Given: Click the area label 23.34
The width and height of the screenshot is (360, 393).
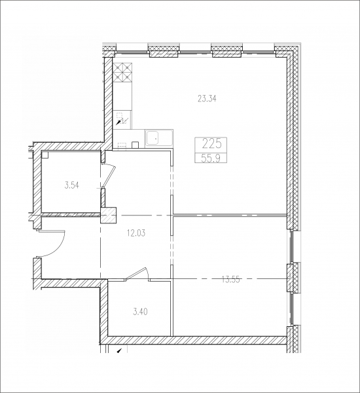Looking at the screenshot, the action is tap(207, 99).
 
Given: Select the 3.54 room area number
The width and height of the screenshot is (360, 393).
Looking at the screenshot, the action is tap(71, 186).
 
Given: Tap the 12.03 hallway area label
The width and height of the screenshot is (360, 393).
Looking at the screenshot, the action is tap(136, 233).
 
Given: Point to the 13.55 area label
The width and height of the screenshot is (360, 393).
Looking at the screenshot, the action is tap(231, 279).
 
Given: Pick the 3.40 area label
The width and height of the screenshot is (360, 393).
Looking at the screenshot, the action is tap(140, 312).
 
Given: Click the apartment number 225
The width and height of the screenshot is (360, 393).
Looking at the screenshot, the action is tap(211, 144).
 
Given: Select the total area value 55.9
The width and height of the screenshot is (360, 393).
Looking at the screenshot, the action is tap(211, 158).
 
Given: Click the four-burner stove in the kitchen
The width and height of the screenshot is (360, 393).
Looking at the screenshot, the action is tap(122, 73).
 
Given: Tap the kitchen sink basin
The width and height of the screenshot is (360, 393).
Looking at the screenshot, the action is tap(153, 138).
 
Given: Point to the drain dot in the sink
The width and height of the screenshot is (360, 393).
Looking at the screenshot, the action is tap(156, 138).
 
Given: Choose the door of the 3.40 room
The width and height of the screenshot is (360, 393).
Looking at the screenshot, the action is tap(137, 273).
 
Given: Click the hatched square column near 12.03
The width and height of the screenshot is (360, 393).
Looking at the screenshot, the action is tap(109, 215).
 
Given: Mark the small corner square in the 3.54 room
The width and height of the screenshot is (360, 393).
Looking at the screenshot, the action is tap(45, 155).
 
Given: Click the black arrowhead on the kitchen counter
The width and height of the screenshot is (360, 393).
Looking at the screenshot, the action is tap(118, 122).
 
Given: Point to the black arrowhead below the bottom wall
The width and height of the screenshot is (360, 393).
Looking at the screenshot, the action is tap(119, 351).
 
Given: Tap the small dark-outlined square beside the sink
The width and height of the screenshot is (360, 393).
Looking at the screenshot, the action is tap(135, 145).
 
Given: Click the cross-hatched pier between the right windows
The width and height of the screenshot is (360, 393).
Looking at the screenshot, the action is tap(293, 277).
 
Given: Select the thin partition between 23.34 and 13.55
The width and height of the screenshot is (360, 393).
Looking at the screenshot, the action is tap(230, 215).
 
